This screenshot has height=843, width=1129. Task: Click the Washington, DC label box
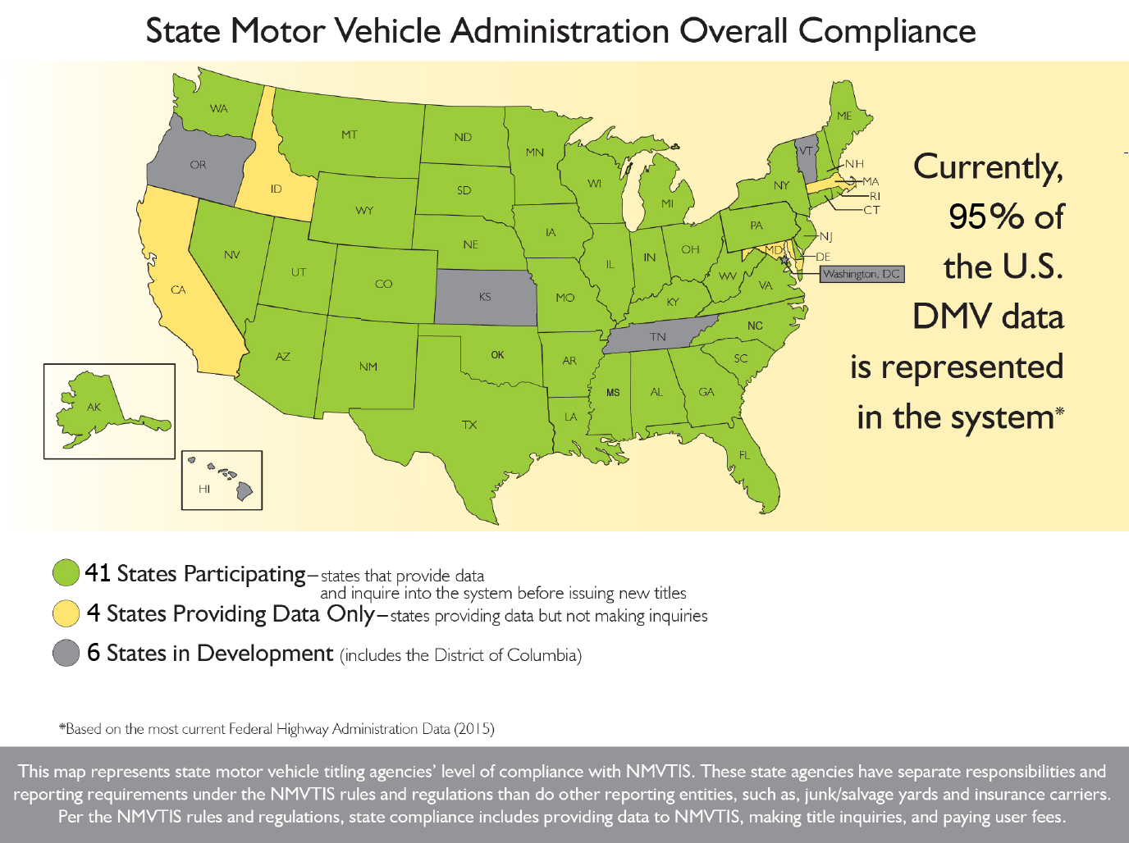click(x=862, y=274)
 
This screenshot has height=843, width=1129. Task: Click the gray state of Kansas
click(x=485, y=296)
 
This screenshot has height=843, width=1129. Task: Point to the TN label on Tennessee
click(x=658, y=337)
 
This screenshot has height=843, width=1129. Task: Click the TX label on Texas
click(x=469, y=425)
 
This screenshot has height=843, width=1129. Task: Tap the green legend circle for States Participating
click(x=66, y=573)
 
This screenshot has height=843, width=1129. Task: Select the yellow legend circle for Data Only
click(x=66, y=613)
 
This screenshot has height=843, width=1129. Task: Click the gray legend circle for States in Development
click(x=66, y=653)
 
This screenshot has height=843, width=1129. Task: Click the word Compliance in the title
click(x=887, y=31)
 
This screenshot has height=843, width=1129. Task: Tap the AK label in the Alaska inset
click(x=94, y=407)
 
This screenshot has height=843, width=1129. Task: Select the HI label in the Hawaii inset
click(x=204, y=489)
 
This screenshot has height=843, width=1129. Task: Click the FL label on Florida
click(x=744, y=455)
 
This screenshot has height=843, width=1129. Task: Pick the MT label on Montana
click(x=350, y=134)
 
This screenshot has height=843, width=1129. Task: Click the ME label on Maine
click(x=844, y=116)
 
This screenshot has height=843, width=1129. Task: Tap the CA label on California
click(x=178, y=289)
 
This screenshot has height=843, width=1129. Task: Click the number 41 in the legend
click(x=98, y=572)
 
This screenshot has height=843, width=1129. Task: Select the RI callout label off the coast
click(x=875, y=196)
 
